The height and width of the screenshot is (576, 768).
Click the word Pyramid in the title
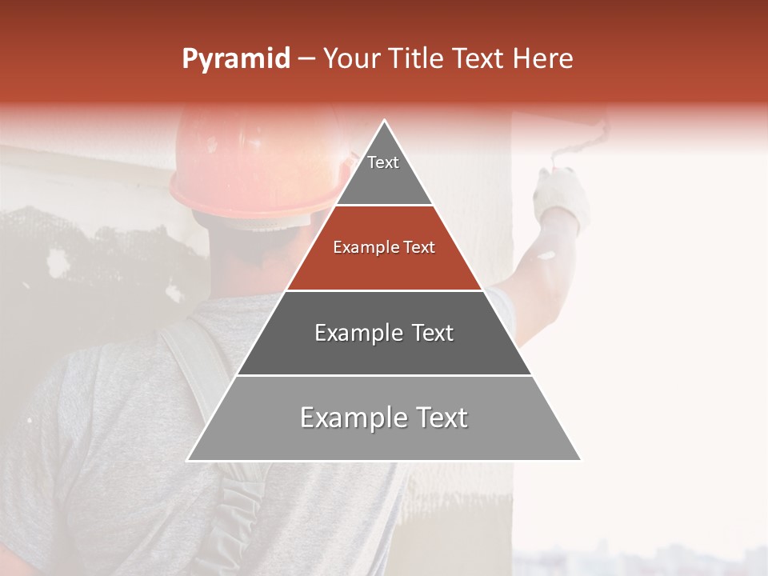236,59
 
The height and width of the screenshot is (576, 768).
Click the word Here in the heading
543,59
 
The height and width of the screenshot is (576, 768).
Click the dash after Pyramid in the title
306,59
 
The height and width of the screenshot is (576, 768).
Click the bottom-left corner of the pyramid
188,460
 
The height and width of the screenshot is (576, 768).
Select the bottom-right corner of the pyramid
581,460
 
